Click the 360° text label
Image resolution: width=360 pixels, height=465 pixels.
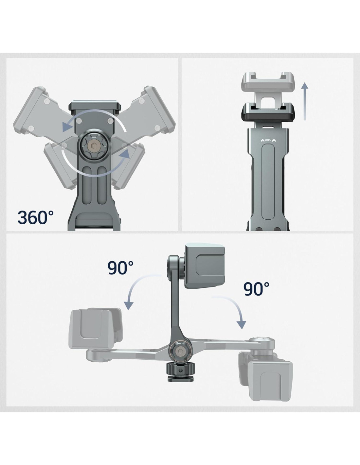tap(36, 217)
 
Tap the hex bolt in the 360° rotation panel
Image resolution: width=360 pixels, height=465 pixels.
tap(94, 146)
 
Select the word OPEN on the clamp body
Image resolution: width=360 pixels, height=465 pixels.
tap(268, 140)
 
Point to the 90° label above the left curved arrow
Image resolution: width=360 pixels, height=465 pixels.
tap(120, 268)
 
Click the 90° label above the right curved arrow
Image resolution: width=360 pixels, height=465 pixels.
tap(256, 289)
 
